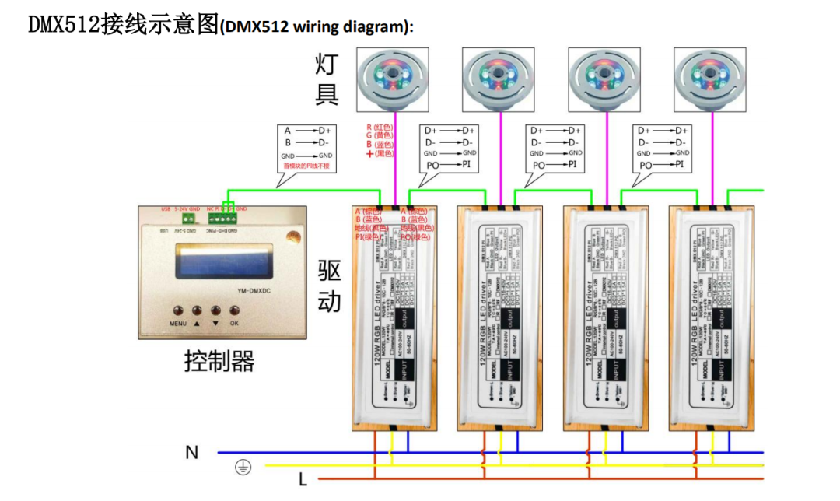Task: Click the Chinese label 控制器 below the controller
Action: click(x=219, y=361)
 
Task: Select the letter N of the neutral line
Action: click(x=191, y=452)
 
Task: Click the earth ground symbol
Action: click(x=243, y=467)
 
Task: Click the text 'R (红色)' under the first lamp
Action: click(x=381, y=126)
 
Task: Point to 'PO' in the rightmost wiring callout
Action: click(x=646, y=166)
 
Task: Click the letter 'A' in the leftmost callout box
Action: click(x=288, y=131)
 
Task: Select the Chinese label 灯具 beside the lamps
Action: click(x=327, y=79)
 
